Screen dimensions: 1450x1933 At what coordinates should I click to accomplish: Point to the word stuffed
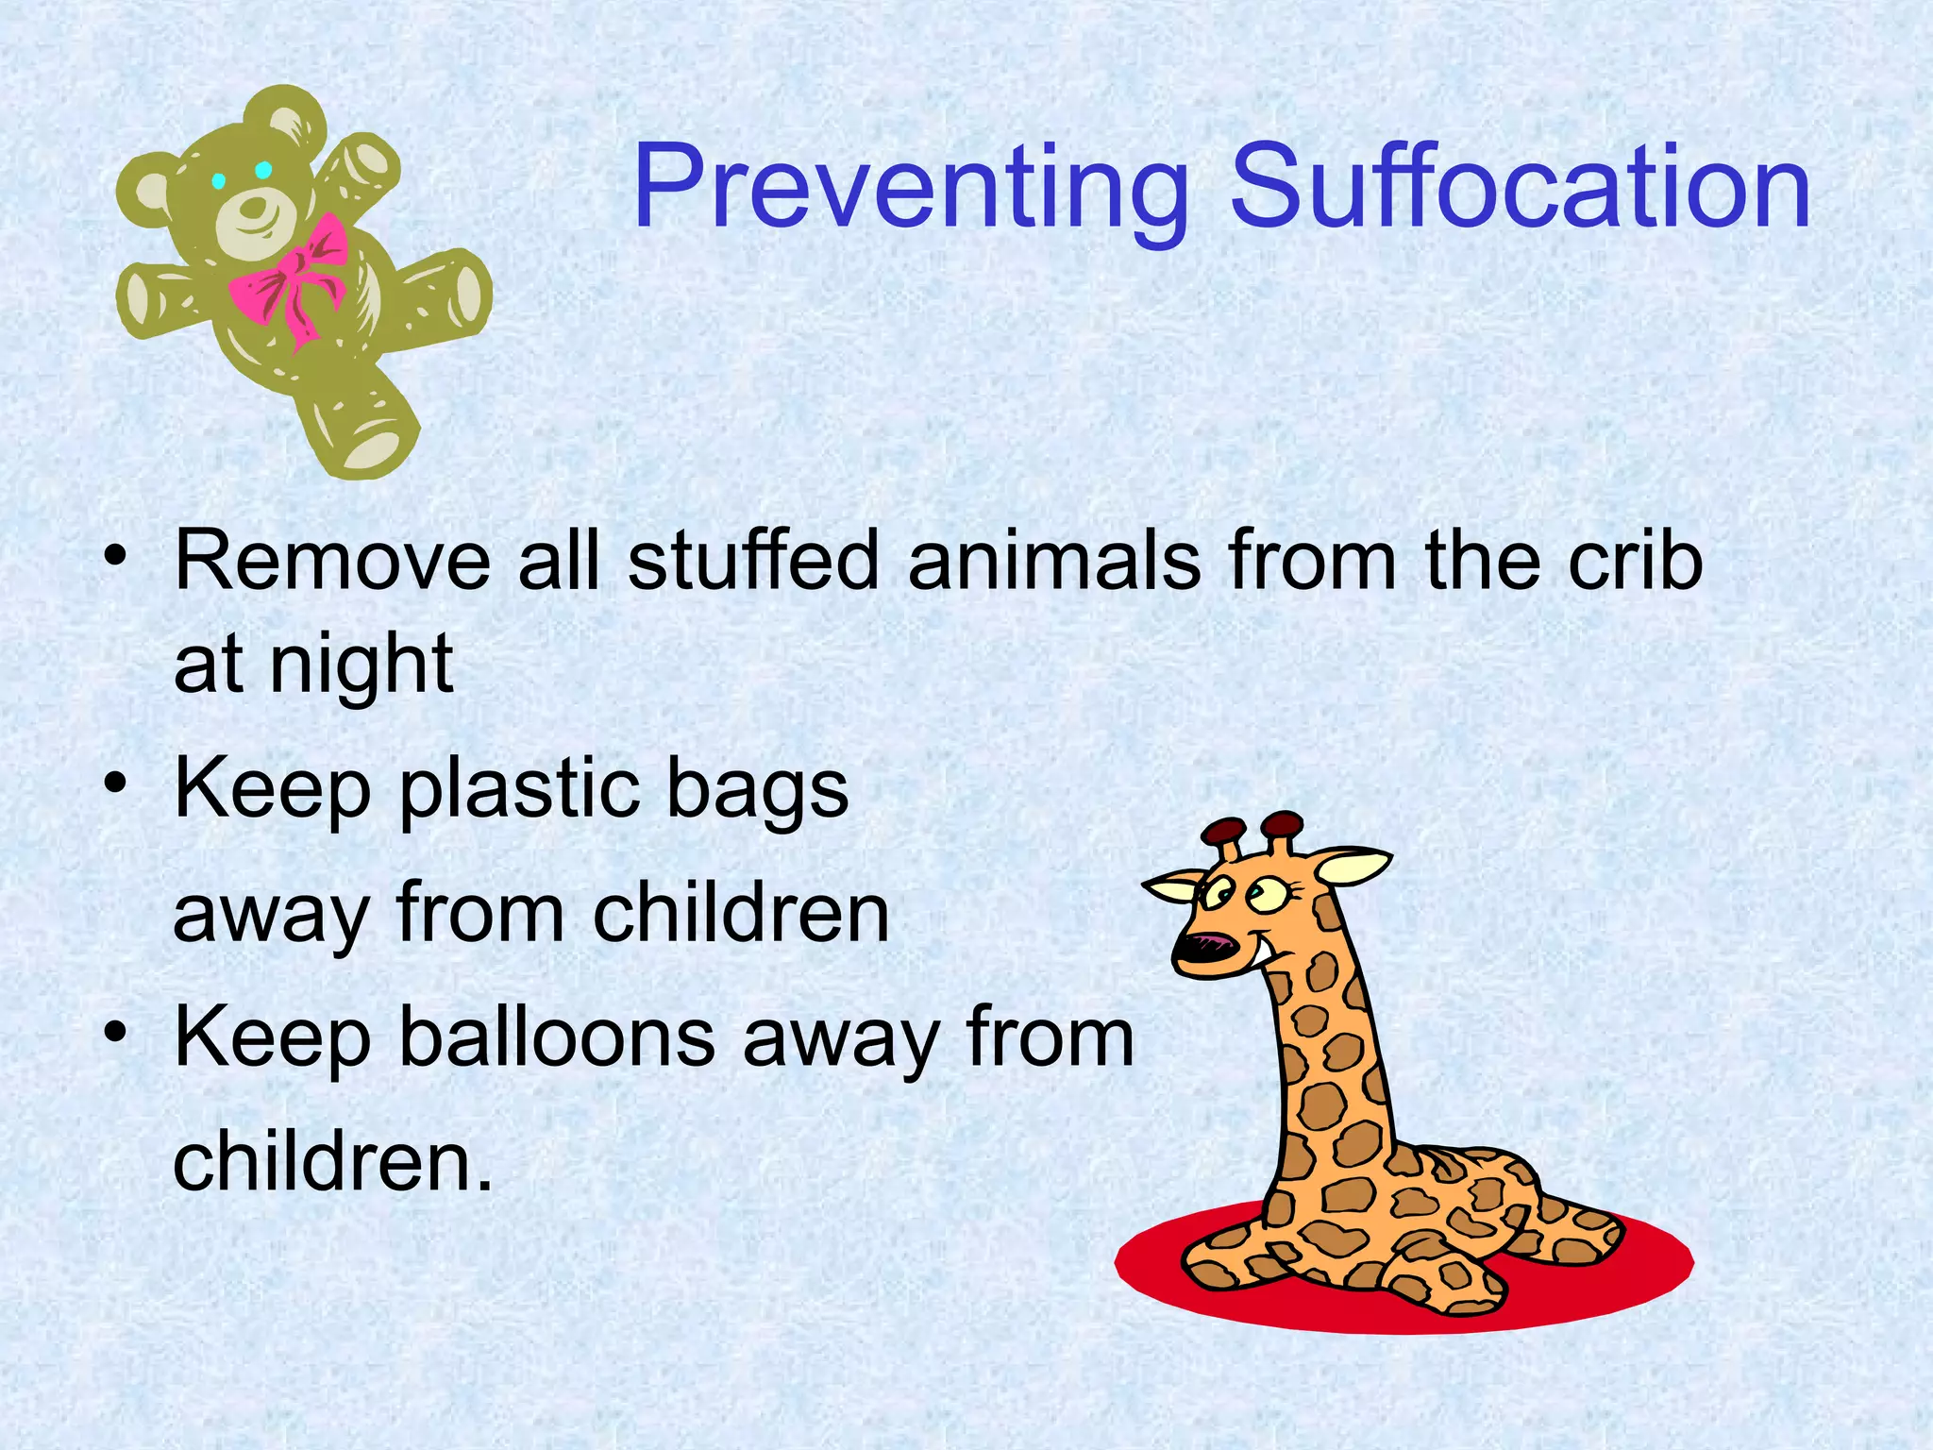tap(753, 562)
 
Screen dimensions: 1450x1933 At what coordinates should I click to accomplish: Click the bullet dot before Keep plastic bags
tap(115, 783)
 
